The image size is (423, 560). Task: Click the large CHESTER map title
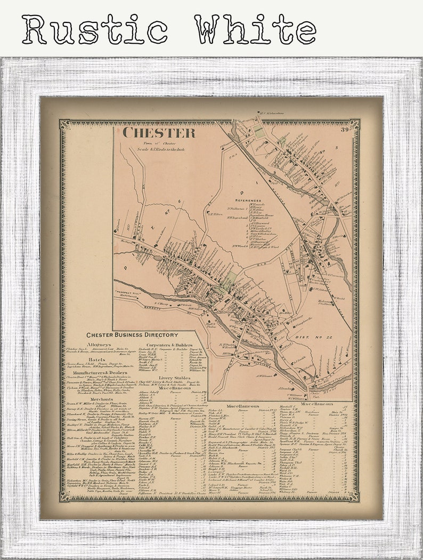159,133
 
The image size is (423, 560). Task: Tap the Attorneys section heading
99,345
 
